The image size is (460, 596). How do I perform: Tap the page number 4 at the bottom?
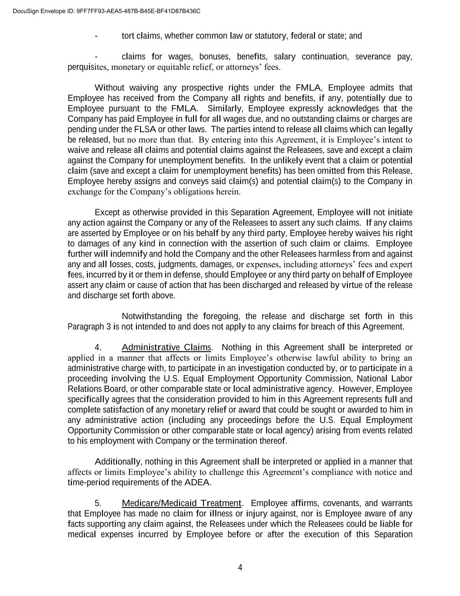(x=240, y=568)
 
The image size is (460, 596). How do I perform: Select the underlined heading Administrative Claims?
(x=166, y=348)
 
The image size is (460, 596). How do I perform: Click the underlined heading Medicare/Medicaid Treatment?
(x=181, y=503)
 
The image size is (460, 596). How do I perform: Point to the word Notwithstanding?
(x=152, y=316)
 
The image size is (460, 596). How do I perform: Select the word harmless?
(x=336, y=254)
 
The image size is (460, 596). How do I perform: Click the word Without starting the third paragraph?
(x=109, y=88)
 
